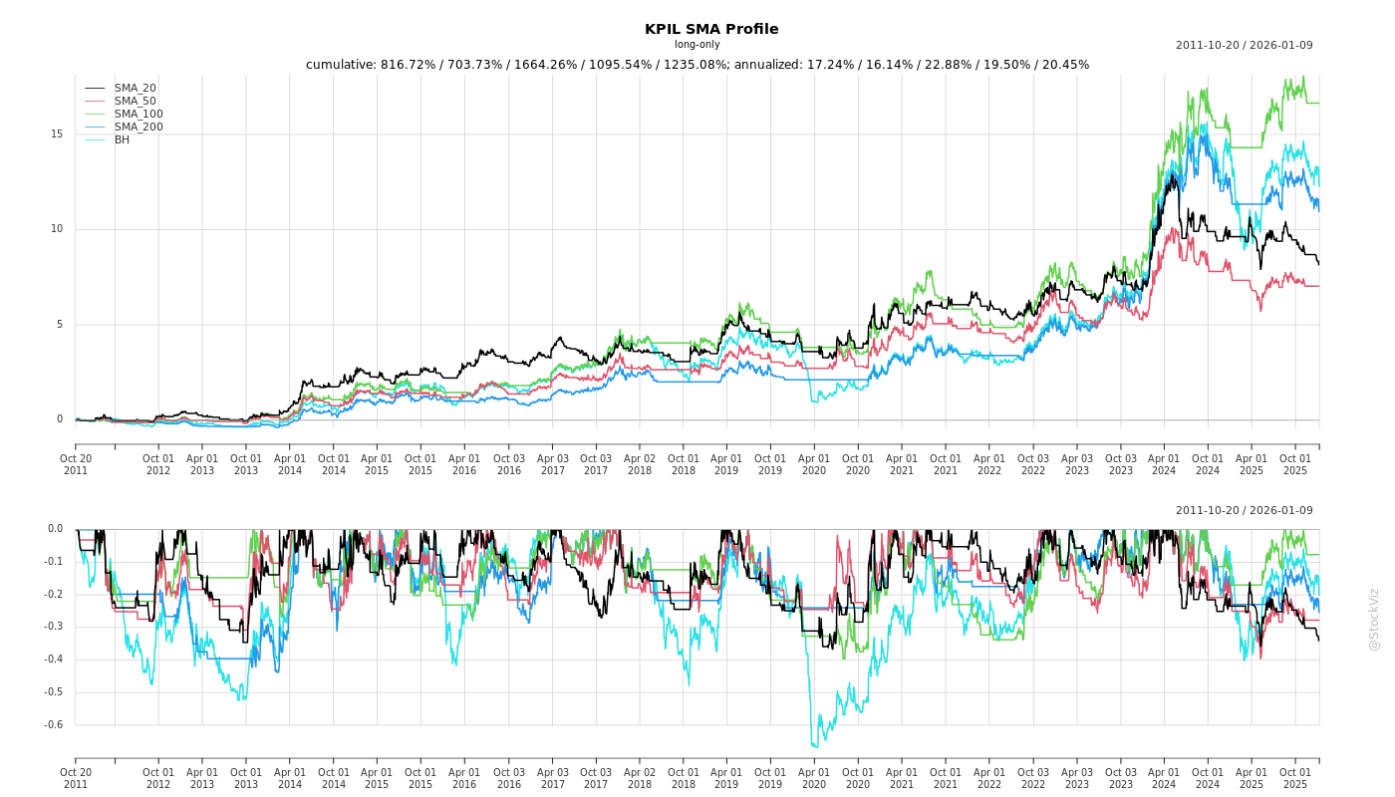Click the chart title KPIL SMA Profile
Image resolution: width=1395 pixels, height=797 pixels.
[x=711, y=29]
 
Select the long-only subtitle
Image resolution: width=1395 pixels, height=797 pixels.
[x=697, y=45]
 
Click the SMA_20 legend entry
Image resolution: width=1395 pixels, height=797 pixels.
[x=135, y=89]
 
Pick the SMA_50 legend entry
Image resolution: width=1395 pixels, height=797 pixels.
[x=135, y=102]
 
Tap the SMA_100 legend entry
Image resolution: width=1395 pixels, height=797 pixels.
[x=139, y=115]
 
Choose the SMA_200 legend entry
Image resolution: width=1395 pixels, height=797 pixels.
[x=139, y=128]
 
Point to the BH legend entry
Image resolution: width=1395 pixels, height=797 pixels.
[x=122, y=140]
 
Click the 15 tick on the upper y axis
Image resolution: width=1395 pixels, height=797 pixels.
[x=57, y=134]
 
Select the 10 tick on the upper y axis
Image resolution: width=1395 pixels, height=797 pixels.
[x=57, y=229]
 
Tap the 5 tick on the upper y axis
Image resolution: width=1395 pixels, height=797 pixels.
[x=60, y=325]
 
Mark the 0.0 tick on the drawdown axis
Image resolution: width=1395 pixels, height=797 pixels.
[x=55, y=529]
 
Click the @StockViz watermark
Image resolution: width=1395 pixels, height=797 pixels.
[x=1374, y=619]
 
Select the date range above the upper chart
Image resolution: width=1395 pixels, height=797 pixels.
[x=1244, y=46]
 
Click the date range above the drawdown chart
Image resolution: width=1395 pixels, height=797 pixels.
[x=1244, y=511]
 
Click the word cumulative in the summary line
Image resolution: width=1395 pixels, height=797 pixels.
[x=340, y=65]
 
